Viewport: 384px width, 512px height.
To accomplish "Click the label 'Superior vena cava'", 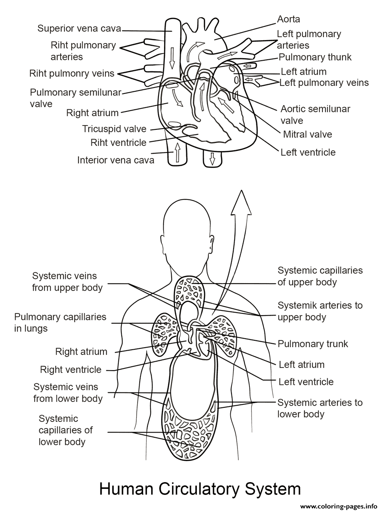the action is [79, 29].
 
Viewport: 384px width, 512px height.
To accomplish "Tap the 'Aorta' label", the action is [288, 19].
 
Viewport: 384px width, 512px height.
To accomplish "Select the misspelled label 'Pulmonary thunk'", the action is [315, 57].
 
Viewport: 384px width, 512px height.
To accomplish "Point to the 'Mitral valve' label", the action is [308, 134].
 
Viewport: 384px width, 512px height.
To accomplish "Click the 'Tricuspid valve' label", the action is [114, 129].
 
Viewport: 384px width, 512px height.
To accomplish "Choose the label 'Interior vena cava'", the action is [116, 160].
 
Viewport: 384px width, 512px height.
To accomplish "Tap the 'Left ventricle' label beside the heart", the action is [308, 152].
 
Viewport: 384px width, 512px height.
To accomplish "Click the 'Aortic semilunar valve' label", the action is [315, 114].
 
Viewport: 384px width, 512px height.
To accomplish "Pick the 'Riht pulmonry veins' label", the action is [72, 73].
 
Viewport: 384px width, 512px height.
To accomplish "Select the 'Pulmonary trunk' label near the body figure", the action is [313, 344].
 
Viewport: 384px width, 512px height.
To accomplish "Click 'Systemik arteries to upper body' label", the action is [320, 311].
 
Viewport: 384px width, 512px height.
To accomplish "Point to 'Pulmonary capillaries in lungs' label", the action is [60, 322].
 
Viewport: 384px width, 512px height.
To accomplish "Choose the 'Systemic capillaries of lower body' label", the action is [66, 430].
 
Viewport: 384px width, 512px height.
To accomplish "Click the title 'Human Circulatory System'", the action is [199, 489].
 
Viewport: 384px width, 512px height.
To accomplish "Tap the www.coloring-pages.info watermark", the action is [341, 506].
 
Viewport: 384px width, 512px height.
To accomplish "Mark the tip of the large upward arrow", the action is [242, 190].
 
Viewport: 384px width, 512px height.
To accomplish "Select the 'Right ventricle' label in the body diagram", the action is [70, 370].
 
